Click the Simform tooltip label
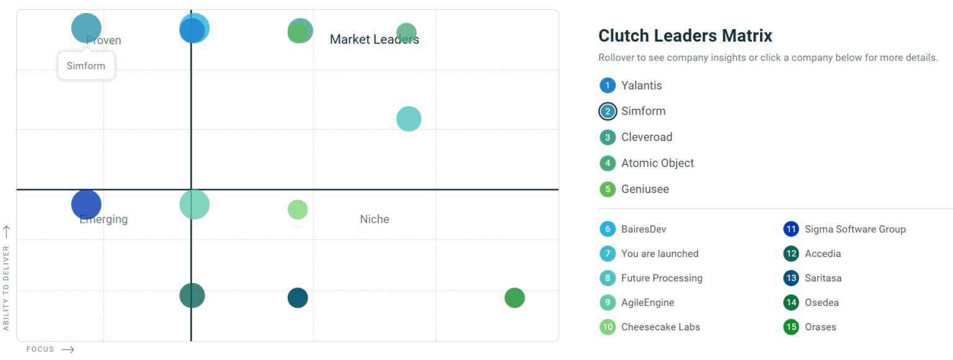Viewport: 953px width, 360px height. (86, 66)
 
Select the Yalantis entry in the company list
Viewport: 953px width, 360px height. (642, 86)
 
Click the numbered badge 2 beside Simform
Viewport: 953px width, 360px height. (607, 112)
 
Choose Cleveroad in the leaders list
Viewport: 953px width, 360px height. (647, 137)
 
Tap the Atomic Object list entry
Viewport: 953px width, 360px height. (657, 163)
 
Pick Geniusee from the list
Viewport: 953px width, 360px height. (645, 189)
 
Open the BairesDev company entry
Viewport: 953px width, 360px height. (643, 229)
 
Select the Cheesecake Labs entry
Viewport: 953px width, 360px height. (660, 327)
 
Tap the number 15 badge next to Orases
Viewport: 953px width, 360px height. (791, 327)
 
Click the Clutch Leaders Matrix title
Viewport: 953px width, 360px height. (685, 36)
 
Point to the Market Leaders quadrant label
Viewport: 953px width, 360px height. (374, 40)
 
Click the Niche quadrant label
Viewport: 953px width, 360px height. (375, 219)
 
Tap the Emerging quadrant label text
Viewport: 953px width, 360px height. (104, 219)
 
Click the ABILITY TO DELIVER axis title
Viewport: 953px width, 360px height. (6, 287)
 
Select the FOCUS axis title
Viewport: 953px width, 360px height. (40, 349)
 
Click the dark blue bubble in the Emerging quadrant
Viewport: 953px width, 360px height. (86, 204)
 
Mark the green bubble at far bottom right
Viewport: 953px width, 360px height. (514, 298)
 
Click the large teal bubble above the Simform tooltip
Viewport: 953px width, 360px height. (86, 27)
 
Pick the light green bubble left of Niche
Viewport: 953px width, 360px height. (298, 210)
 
